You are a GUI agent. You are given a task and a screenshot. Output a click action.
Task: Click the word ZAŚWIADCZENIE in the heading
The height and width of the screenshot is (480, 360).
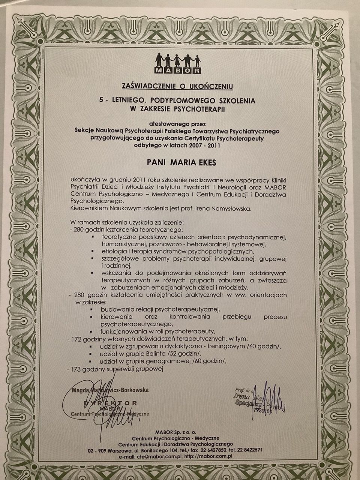(146, 87)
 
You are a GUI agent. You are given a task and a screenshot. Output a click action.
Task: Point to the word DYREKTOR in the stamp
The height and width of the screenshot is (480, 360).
(111, 403)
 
